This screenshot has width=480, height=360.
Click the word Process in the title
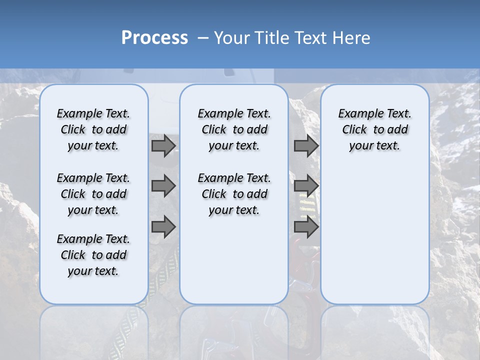click(154, 38)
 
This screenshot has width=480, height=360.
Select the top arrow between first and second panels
click(163, 145)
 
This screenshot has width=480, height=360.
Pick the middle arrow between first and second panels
click(163, 186)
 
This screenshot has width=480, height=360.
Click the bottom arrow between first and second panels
click(163, 227)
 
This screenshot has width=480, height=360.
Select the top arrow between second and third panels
click(306, 145)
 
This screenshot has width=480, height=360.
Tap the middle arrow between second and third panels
click(306, 186)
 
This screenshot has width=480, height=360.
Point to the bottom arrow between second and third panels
click(306, 227)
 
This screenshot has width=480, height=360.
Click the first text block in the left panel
click(93, 129)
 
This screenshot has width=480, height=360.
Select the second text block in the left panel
click(93, 194)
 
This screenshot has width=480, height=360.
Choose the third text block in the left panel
click(93, 255)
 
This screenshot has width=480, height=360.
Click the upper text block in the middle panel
click(234, 129)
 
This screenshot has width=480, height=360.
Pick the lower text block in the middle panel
click(234, 194)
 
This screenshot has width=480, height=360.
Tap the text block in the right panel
click(374, 129)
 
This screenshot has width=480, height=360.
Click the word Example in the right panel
click(357, 114)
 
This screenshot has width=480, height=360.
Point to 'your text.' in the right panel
click(374, 145)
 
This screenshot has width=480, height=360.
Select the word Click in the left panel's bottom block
click(73, 255)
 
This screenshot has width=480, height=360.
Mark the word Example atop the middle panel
click(217, 114)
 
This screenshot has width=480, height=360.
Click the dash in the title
click(203, 38)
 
